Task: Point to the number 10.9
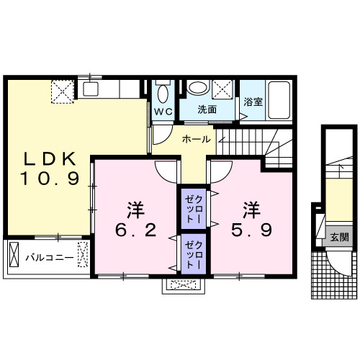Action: click(x=49, y=179)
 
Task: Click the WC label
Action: click(x=161, y=111)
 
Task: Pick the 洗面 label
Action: click(x=207, y=110)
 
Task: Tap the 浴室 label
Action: click(x=253, y=102)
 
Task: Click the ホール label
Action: click(x=196, y=138)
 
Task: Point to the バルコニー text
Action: click(x=45, y=256)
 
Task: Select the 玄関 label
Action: click(x=339, y=236)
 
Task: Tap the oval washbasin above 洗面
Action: click(x=197, y=89)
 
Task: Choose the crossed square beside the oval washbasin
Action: click(x=223, y=89)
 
